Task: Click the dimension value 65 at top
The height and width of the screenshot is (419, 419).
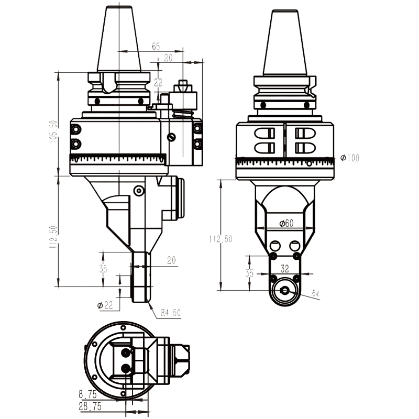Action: click(x=156, y=47)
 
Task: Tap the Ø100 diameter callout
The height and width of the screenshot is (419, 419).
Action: click(x=350, y=158)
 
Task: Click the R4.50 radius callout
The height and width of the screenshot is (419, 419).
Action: click(x=171, y=313)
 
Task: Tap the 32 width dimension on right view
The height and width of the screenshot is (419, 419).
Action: click(x=285, y=269)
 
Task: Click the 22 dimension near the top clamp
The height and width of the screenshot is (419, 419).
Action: click(x=159, y=82)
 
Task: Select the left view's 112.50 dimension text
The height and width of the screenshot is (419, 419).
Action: click(x=54, y=237)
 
